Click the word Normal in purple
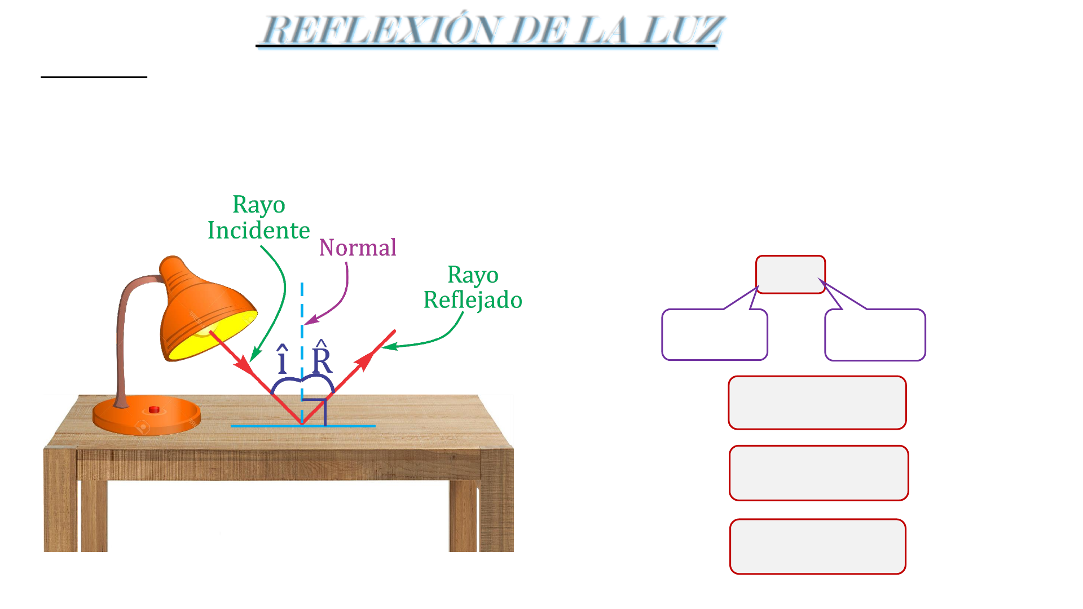358,248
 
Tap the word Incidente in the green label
259,231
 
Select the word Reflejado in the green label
473,300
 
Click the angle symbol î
283,360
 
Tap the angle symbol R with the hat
322,359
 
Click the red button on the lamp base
154,409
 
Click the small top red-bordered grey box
790,275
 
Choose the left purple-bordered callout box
714,334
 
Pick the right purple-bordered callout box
875,335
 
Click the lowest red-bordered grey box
817,546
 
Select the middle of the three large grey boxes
818,473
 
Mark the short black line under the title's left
94,77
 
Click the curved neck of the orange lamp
125,304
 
